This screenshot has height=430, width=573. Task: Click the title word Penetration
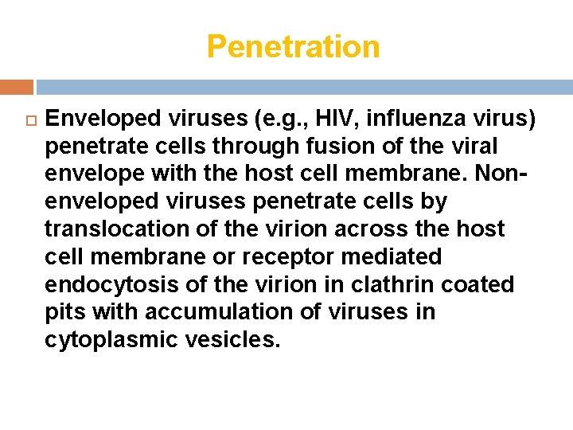[x=293, y=47]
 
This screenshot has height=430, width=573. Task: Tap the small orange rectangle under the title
[x=17, y=88]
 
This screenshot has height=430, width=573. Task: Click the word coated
[x=479, y=284]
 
